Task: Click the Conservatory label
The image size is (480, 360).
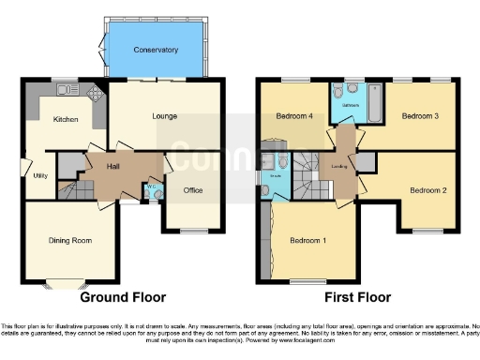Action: coord(156,49)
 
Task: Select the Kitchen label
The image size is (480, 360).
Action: coord(65,119)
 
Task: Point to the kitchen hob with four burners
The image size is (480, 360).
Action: coord(95,94)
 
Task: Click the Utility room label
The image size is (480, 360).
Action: coord(40,175)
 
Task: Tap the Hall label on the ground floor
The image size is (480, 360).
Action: coord(112,166)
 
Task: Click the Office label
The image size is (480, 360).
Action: coord(193,190)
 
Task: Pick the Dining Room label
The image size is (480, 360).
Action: coord(70,240)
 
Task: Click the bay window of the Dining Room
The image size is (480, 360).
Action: coord(69,283)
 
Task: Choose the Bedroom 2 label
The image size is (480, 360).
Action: coord(427,190)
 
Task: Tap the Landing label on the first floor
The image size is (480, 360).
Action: coord(339,166)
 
